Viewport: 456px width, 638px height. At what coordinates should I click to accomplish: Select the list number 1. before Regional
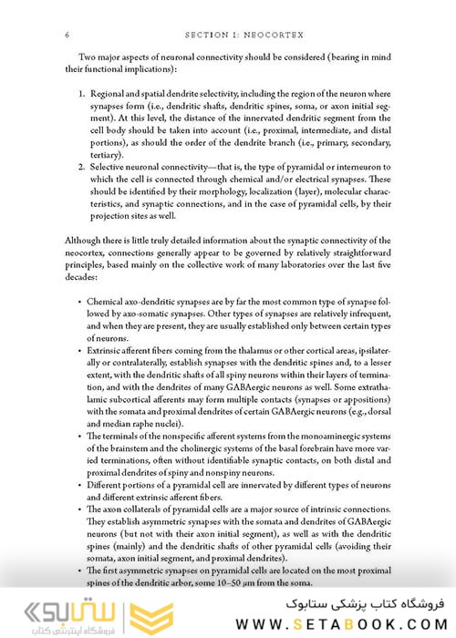pos(81,94)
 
